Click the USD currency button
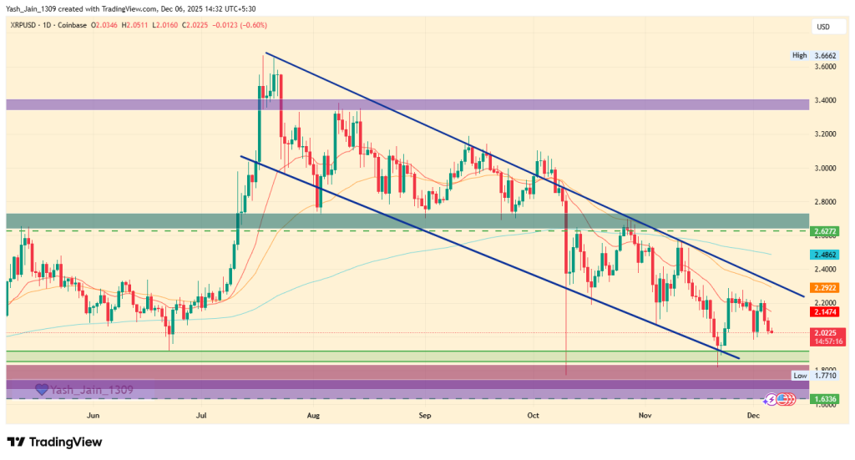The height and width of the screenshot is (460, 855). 822,28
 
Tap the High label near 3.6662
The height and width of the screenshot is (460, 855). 799,55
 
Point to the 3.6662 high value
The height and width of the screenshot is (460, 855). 826,55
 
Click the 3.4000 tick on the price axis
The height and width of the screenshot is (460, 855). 826,100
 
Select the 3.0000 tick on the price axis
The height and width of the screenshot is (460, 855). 826,168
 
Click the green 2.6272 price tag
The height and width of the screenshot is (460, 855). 826,230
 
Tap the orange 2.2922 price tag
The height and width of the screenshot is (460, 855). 826,287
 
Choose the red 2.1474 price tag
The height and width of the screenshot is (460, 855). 826,311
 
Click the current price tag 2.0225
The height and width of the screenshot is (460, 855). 826,332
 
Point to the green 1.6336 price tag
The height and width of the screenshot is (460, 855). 826,399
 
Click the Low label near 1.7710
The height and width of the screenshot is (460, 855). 799,376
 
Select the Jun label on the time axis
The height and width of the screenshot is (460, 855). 93,414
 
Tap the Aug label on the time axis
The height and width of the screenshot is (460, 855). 314,414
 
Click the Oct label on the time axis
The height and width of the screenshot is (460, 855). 534,414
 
